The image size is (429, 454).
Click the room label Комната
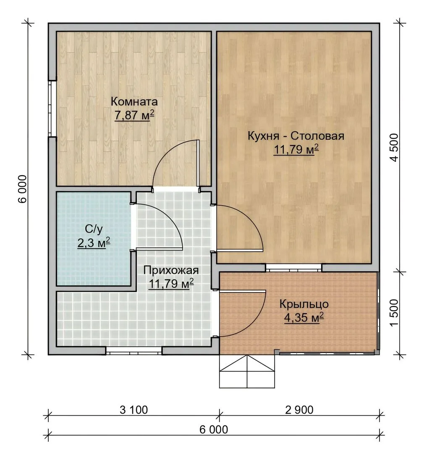134,102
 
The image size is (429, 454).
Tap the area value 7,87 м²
134,115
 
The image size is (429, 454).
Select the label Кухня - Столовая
296,136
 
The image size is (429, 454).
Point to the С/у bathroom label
94,230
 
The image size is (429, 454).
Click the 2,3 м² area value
94,243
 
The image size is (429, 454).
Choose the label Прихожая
171,270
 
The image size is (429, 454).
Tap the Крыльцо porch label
304,304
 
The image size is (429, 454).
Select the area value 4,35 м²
304,318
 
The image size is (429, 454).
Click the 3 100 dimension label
133,410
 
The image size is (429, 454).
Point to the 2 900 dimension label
299,410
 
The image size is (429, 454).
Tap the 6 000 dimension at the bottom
214,429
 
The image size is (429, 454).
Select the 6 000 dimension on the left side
23,189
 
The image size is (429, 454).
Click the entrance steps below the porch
247,371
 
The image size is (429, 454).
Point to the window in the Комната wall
52,108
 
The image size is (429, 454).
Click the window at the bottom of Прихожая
134,351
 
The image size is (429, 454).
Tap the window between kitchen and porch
293,268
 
